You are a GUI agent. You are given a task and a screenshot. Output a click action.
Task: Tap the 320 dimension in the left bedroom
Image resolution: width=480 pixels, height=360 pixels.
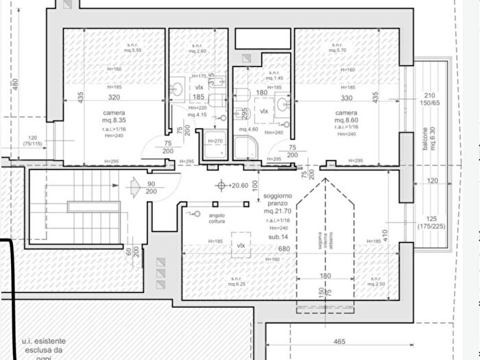(114, 97)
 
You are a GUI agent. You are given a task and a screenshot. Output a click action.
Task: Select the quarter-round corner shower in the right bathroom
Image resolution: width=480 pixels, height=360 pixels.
(244, 147)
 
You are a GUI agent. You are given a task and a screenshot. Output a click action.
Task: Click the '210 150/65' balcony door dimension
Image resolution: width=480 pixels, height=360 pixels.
(430, 99)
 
